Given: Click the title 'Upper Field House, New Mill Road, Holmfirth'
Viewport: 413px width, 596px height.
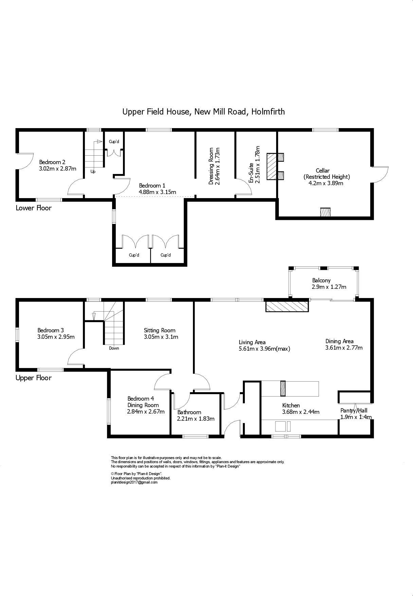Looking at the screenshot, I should pos(203,111).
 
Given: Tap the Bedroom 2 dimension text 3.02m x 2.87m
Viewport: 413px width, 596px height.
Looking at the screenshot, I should pos(57,169).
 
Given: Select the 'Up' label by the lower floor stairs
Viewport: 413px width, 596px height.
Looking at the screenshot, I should pos(93,172).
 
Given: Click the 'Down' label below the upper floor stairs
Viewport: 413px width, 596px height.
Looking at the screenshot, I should pos(114,348).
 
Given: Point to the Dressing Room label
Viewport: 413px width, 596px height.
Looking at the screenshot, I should pos(211,166).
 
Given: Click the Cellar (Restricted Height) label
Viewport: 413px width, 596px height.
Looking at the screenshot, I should pos(326,174).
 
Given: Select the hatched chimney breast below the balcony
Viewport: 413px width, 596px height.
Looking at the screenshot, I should pos(287,306).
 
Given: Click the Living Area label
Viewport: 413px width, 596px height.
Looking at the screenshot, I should pos(252,342).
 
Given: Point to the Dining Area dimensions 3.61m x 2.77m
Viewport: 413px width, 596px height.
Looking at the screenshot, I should pos(344,348).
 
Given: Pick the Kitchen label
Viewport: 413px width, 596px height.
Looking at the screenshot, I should pos(291,405).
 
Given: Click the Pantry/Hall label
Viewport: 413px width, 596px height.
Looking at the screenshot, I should pos(354,410).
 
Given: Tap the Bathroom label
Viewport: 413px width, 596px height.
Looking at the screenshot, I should pos(189,412).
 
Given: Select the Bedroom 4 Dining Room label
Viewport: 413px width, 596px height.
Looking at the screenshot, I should pos(143,402).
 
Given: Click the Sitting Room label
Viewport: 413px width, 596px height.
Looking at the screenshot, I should pos(160,330).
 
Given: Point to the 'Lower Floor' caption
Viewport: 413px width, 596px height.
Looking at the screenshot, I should pos(34,208).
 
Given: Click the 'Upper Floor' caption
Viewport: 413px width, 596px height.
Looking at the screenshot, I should pos(34,378).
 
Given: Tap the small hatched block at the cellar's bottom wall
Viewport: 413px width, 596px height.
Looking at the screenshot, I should pos(325,212).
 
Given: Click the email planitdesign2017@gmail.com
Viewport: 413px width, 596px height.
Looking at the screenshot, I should pos(134,482).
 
